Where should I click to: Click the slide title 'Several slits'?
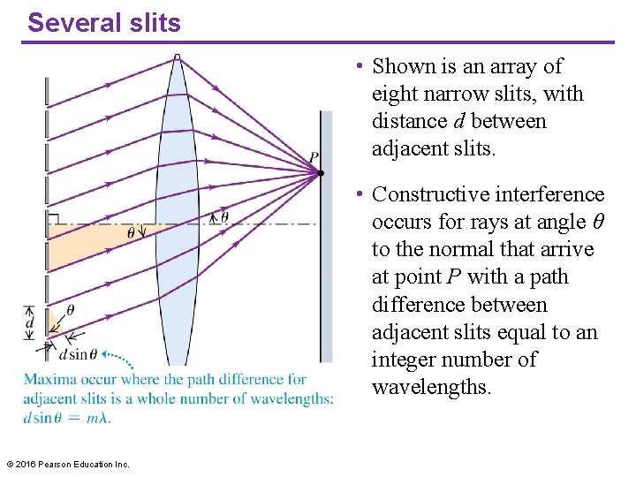pos(103,22)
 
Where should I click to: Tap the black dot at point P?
pos(320,172)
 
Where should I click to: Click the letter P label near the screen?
pos(314,158)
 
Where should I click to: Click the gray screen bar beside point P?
pos(326,265)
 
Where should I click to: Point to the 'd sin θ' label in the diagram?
pos(78,354)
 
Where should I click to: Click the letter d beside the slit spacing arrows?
pos(29,324)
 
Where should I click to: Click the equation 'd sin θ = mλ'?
pos(67,417)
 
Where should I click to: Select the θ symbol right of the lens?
pos(223,216)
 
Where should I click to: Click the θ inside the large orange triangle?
pos(132,233)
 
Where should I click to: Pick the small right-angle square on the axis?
pos(53,218)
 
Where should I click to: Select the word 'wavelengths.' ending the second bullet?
pos(431,387)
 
